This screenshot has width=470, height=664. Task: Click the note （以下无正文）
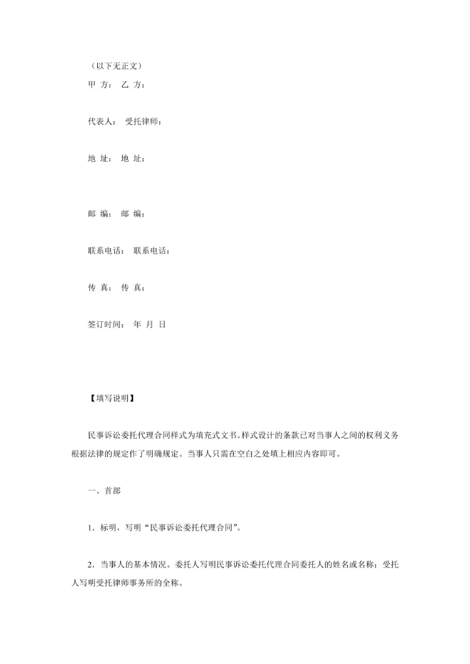[114, 66]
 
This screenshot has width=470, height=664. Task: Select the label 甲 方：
[100, 85]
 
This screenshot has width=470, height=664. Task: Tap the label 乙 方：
[133, 85]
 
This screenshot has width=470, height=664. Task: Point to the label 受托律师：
[144, 121]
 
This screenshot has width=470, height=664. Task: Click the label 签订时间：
[106, 324]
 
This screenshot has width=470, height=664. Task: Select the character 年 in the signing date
[137, 324]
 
